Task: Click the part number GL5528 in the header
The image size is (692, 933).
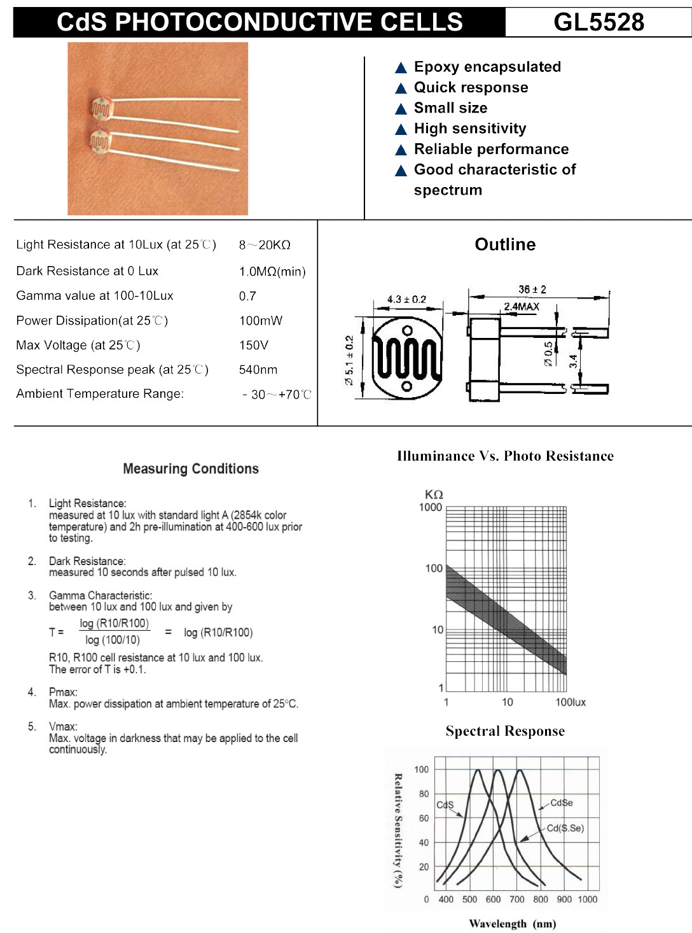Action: (x=599, y=22)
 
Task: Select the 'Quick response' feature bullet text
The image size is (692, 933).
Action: (x=471, y=88)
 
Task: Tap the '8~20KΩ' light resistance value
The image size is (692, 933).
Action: (x=265, y=245)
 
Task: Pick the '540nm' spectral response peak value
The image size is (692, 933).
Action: (x=258, y=370)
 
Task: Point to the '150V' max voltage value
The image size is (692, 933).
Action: (x=254, y=346)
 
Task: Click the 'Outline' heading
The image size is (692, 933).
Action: (x=505, y=245)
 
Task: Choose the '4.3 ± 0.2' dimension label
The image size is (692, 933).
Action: (x=406, y=299)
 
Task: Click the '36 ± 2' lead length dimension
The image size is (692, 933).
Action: (x=532, y=290)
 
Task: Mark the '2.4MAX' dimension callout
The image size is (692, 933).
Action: (x=522, y=307)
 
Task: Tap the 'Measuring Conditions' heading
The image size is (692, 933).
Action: (x=191, y=469)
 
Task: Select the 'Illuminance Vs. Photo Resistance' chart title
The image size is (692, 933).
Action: (x=505, y=456)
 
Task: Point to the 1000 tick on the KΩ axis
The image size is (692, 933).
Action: (x=431, y=507)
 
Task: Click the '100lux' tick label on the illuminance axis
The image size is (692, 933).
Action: (x=571, y=703)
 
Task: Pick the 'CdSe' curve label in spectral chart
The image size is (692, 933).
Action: (x=562, y=803)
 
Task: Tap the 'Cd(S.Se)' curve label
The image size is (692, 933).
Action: (x=565, y=829)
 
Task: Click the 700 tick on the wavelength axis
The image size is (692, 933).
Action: (x=517, y=900)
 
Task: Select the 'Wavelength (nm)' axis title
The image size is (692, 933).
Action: (x=512, y=924)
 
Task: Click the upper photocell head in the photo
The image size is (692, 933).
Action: (x=102, y=109)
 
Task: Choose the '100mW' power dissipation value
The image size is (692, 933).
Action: (x=261, y=321)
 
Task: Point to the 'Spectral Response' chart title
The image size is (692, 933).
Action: (x=505, y=731)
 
